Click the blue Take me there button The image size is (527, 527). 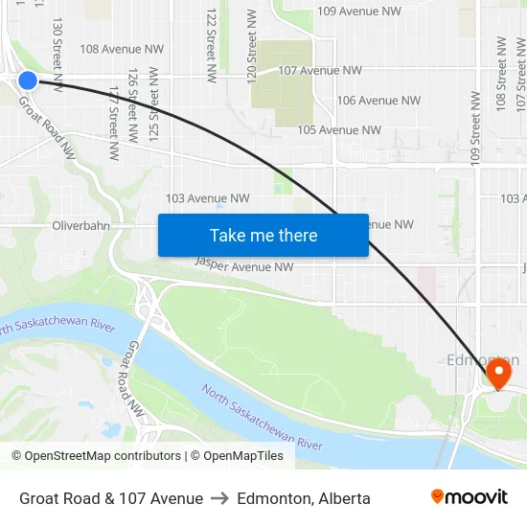(x=263, y=235)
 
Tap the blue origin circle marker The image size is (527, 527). (x=28, y=80)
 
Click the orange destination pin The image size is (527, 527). (x=498, y=372)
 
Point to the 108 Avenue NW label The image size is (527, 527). (x=122, y=49)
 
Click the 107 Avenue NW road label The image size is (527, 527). (x=319, y=71)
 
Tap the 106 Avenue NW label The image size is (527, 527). (x=378, y=101)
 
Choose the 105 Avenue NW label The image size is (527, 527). (x=339, y=130)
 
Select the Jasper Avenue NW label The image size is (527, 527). (x=244, y=265)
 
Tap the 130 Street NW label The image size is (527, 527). (x=58, y=53)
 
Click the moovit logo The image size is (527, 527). (x=469, y=497)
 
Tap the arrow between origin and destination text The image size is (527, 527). (x=220, y=498)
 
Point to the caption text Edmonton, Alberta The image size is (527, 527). (x=304, y=498)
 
